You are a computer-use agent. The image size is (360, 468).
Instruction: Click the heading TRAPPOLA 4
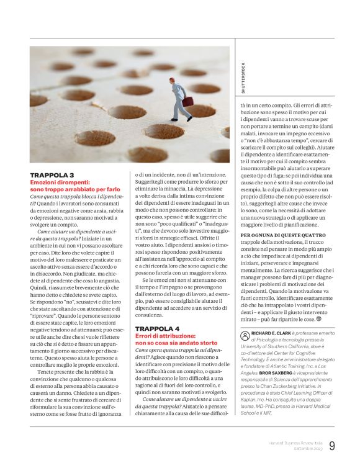(158, 328)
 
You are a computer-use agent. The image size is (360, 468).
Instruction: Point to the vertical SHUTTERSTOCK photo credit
(243, 77)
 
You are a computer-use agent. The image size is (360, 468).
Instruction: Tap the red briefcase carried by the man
(187, 101)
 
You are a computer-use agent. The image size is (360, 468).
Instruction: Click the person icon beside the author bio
(245, 335)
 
